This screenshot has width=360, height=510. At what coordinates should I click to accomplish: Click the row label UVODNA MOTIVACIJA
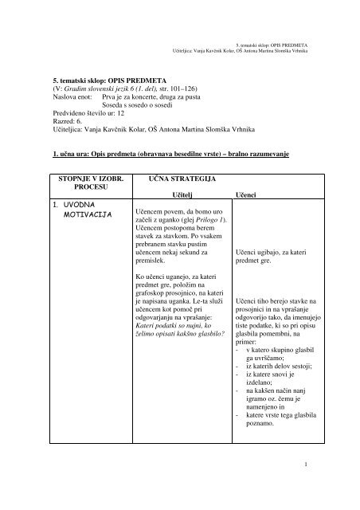[x=79, y=210]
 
